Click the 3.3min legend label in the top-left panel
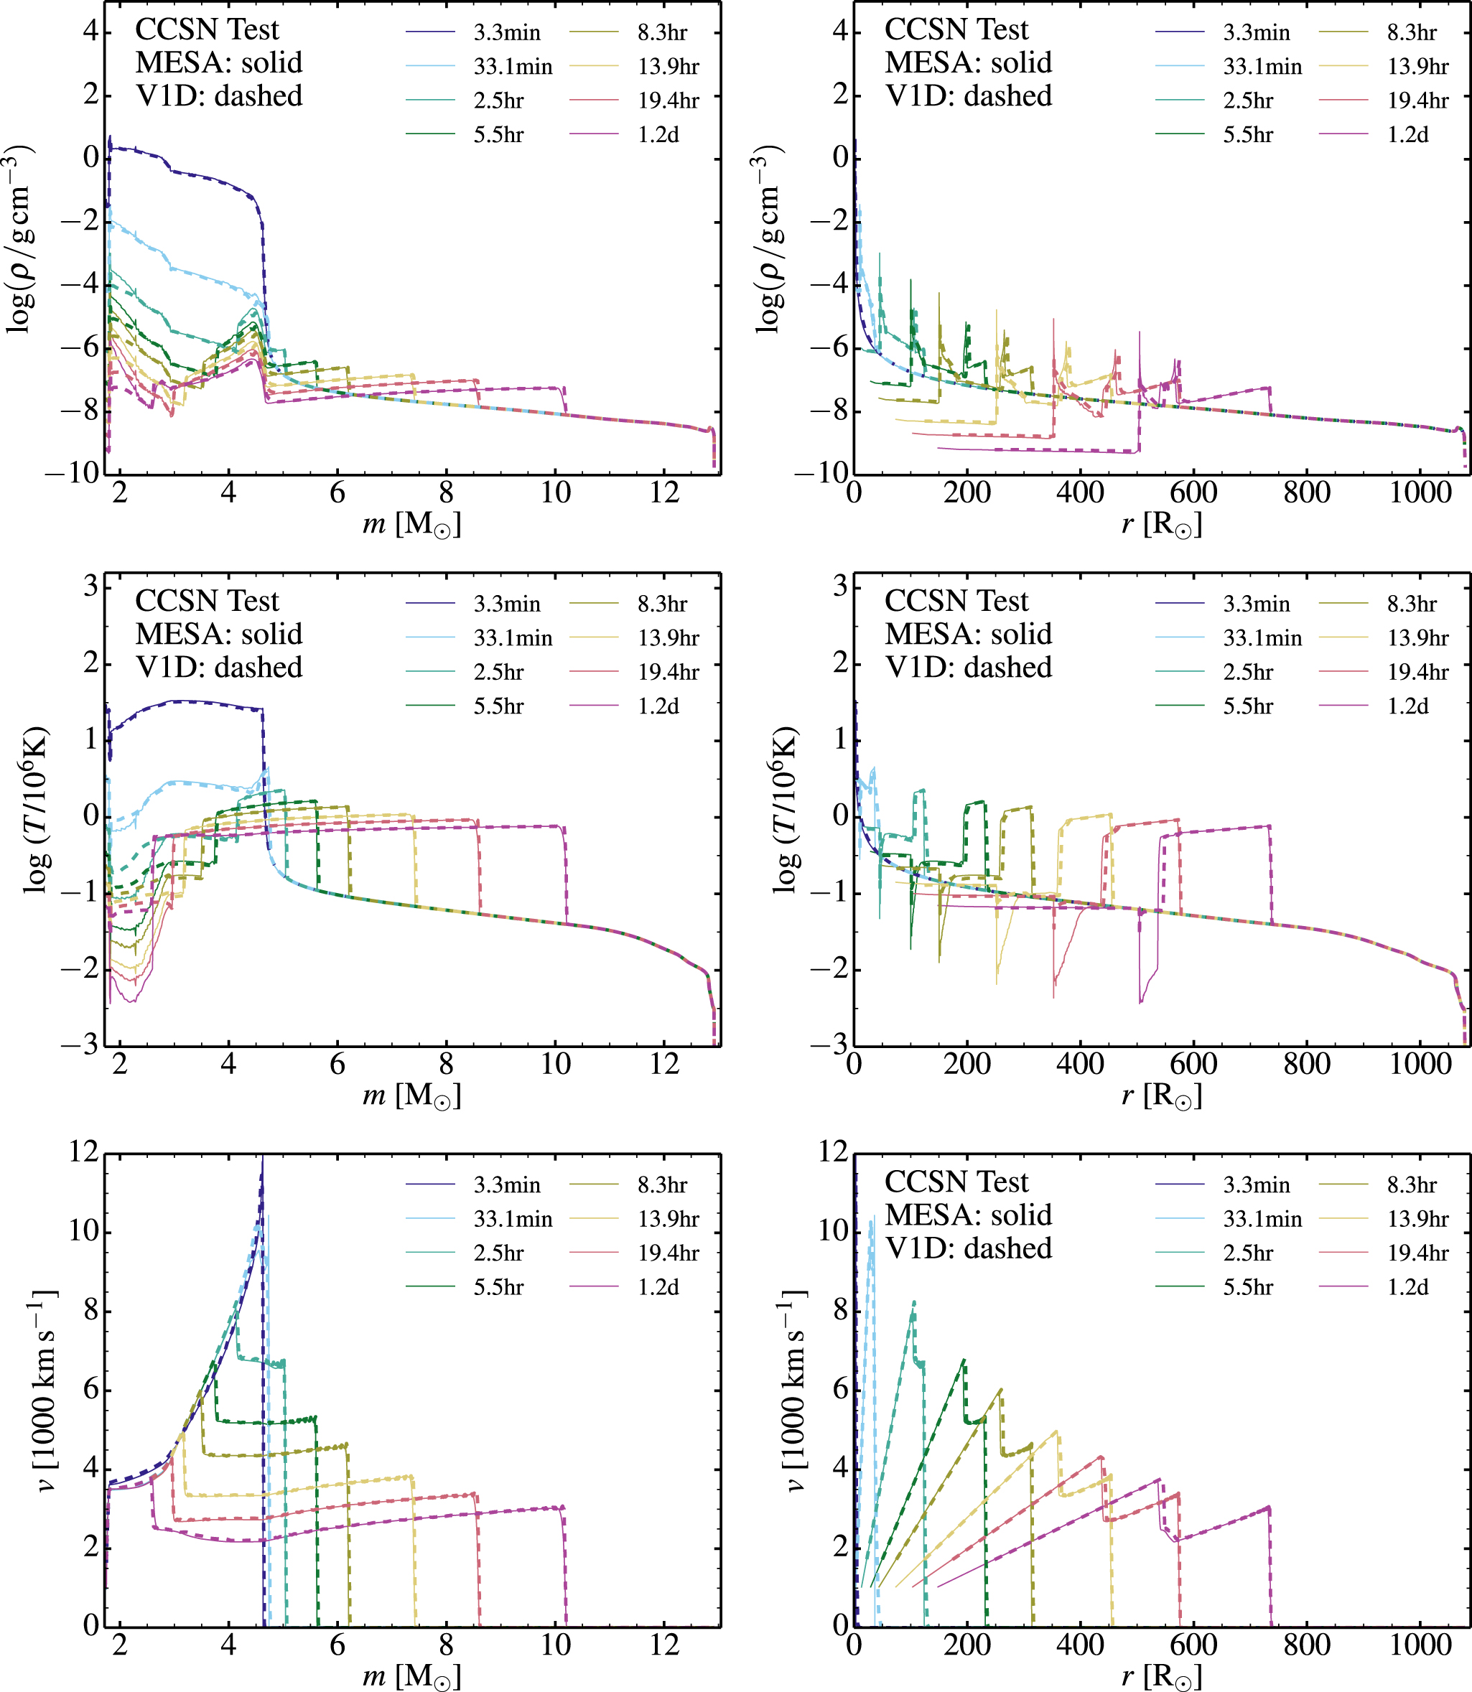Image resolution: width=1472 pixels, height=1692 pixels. point(507,33)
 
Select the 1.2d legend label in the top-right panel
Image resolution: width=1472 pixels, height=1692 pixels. point(1408,135)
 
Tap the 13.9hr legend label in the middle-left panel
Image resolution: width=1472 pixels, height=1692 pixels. point(669,638)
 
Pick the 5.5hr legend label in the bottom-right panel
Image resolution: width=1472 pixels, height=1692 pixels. point(1248,1287)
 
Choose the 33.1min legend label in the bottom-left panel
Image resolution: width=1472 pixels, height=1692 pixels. point(513,1219)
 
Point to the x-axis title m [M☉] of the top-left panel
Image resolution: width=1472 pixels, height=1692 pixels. point(411,523)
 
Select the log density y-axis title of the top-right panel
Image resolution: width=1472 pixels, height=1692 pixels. point(769,238)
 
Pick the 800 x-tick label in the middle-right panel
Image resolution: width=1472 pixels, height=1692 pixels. point(1306,1065)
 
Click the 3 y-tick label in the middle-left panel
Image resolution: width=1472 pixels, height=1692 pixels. point(90,586)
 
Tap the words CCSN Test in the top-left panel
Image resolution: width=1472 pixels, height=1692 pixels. point(207,29)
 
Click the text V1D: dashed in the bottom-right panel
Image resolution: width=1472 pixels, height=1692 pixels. point(969,1248)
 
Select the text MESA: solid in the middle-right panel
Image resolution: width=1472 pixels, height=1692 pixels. point(969,634)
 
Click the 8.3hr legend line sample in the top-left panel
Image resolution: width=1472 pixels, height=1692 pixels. point(594,33)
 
